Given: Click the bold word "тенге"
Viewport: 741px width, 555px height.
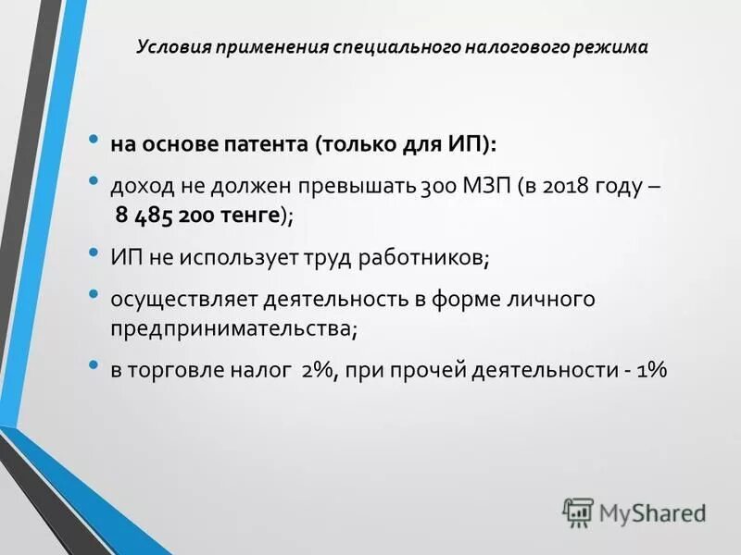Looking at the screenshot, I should (x=252, y=216).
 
